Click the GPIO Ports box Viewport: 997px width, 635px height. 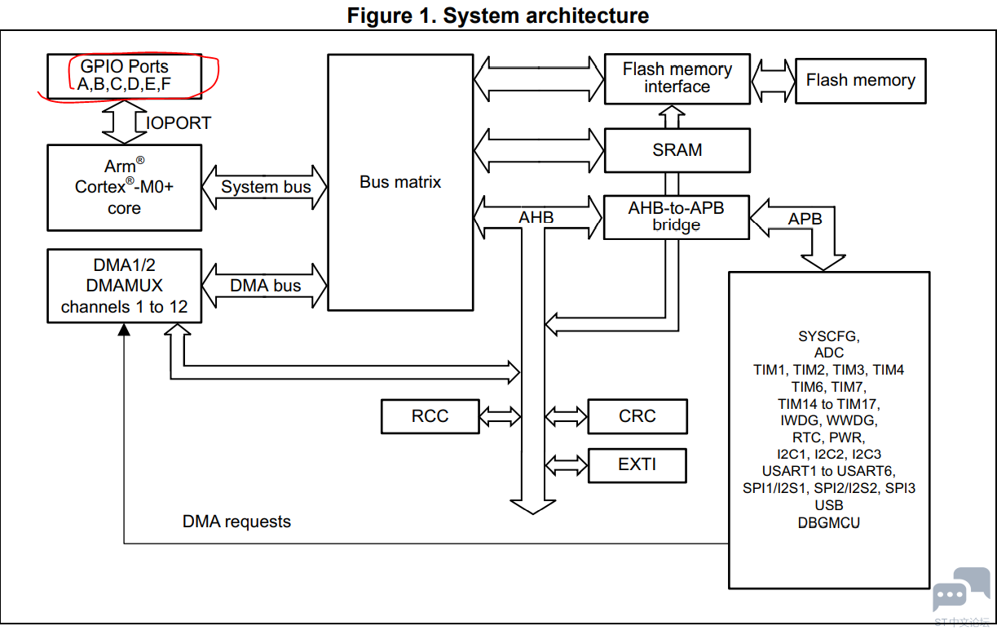click(x=124, y=75)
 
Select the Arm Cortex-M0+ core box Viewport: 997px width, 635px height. click(x=124, y=187)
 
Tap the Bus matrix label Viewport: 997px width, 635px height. click(x=400, y=182)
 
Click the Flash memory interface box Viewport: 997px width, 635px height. click(x=677, y=78)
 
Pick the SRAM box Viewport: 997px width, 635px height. click(x=677, y=150)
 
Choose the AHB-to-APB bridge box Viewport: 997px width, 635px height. click(x=676, y=216)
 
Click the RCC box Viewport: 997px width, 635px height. click(x=430, y=416)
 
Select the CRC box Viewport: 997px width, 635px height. click(x=637, y=416)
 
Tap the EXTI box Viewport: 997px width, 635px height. click(x=637, y=464)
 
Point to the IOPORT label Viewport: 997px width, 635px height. click(x=179, y=123)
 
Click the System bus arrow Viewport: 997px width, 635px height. click(x=266, y=187)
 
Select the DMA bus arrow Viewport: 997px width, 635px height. click(x=265, y=286)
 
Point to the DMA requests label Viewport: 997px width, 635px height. click(x=236, y=522)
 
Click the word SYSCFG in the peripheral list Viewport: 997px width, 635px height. click(x=829, y=336)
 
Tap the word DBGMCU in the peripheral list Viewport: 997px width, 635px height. click(x=829, y=522)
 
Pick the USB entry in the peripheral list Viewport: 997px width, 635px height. click(x=829, y=505)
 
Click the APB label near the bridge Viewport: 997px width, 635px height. click(x=805, y=219)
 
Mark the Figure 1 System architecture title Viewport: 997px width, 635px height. click(x=498, y=15)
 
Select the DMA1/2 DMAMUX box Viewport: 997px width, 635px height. click(x=124, y=286)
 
